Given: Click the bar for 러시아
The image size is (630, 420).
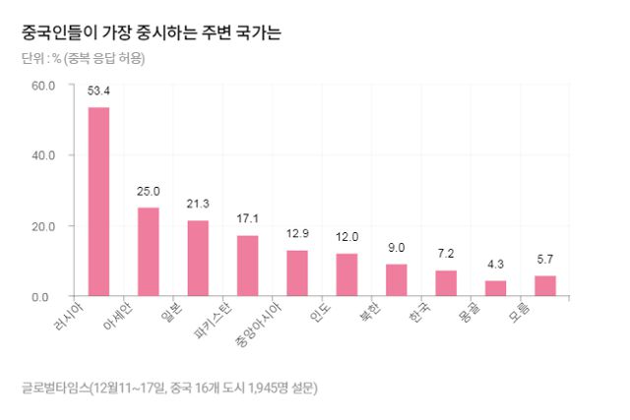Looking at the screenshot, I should click(x=98, y=202).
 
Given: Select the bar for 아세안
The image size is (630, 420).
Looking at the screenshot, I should click(x=148, y=252).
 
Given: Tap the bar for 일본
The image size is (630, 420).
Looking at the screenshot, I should click(x=198, y=258).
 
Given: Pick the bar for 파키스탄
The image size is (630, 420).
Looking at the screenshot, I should click(x=247, y=266).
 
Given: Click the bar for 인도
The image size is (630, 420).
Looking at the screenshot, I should click(x=346, y=274).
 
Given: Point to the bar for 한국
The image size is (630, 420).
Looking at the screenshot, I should click(x=446, y=283).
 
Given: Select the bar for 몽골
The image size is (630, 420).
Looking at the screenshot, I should click(x=495, y=288).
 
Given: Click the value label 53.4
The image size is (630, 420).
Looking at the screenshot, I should click(x=98, y=91).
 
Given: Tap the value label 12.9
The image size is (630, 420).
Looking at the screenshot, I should click(x=297, y=234).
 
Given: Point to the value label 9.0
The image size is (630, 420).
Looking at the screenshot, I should click(x=396, y=248).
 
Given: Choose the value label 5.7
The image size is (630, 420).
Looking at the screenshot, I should click(x=544, y=260).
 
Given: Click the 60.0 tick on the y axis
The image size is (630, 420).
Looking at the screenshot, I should click(x=43, y=85).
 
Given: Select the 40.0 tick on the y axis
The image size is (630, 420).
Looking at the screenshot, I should click(x=43, y=155).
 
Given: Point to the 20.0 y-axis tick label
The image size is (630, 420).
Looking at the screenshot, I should click(x=43, y=226).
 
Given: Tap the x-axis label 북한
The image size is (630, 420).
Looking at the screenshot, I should click(x=374, y=313).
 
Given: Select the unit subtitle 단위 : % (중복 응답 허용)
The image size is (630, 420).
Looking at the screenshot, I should click(x=84, y=58).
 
